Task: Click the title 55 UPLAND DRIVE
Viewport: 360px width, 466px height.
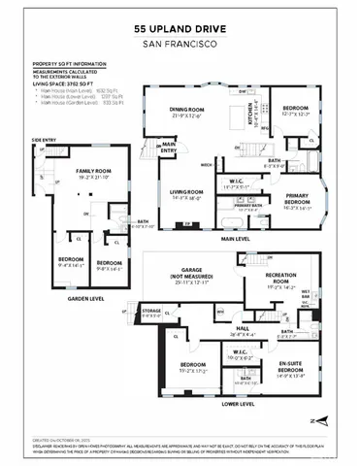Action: (180, 30)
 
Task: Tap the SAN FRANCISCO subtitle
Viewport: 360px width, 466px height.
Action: (180, 44)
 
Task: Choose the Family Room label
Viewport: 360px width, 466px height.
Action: (96, 174)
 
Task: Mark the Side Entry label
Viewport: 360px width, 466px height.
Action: (43, 141)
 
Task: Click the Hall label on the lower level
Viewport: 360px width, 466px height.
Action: (235, 330)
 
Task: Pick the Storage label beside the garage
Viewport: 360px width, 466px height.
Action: (150, 313)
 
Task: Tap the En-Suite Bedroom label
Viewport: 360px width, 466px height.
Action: (290, 369)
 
